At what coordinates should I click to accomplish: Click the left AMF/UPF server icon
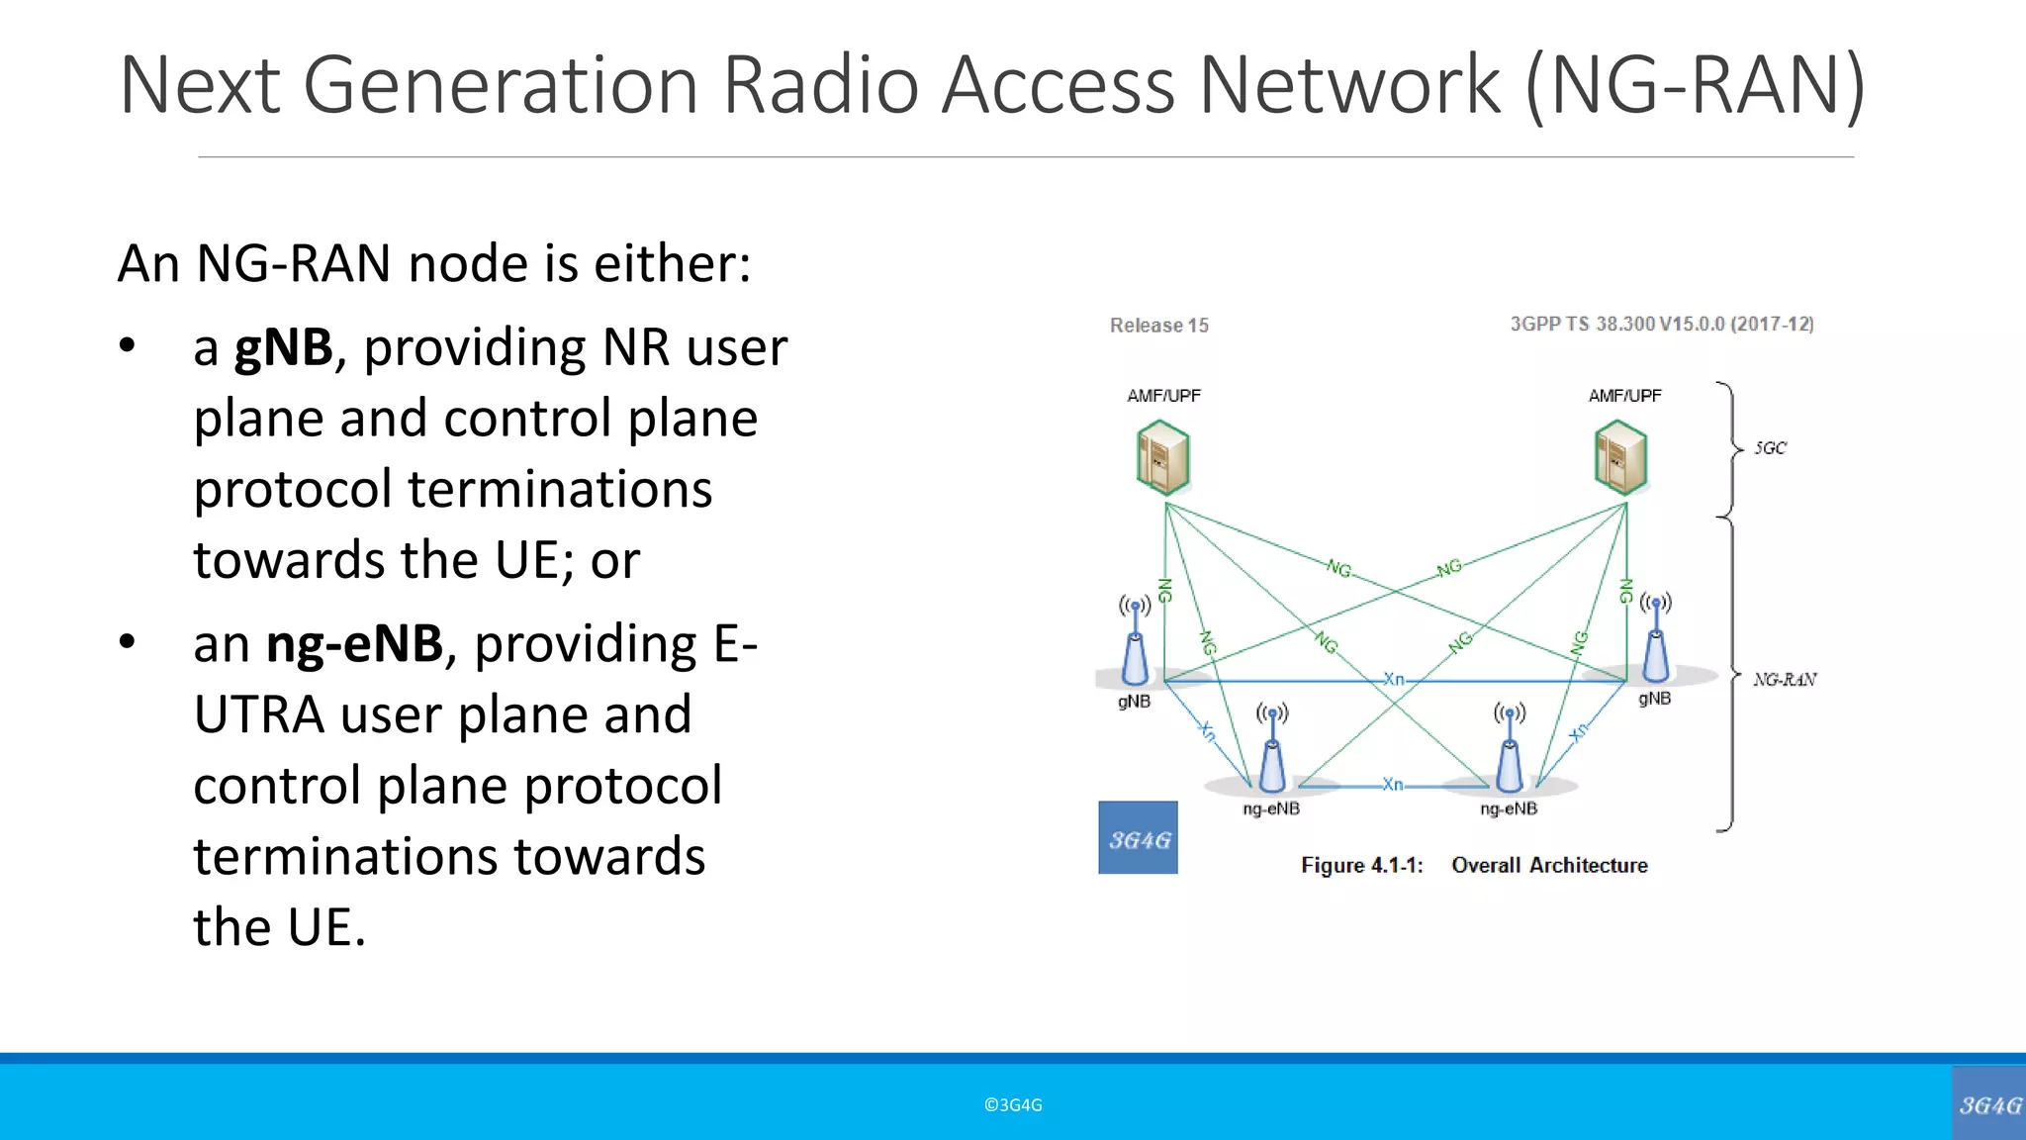click(x=1162, y=457)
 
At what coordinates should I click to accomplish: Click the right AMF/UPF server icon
click(x=1620, y=457)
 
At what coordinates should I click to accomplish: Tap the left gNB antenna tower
click(x=1136, y=643)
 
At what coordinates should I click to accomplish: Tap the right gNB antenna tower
click(x=1656, y=640)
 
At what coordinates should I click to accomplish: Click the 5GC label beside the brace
click(x=1770, y=448)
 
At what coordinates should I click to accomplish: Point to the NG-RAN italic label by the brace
click(x=1785, y=680)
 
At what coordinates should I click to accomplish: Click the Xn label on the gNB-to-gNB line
click(x=1393, y=679)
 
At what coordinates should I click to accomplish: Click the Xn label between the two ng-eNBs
click(x=1392, y=785)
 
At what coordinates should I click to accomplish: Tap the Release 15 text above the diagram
click(x=1158, y=326)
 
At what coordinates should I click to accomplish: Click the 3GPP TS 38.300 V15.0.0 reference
click(x=1661, y=325)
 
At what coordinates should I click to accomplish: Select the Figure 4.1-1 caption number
click(x=1361, y=866)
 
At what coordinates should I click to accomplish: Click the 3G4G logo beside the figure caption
click(x=1138, y=838)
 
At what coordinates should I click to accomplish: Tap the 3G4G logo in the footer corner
click(x=1988, y=1104)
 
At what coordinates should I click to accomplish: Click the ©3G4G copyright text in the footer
click(x=1013, y=1105)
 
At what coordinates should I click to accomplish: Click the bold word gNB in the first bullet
click(x=283, y=348)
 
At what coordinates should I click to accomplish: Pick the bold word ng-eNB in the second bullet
click(x=354, y=644)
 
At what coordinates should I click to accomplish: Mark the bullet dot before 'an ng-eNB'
click(x=127, y=642)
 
